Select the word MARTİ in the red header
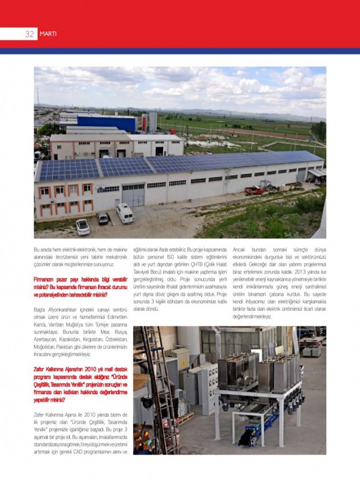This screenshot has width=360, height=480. pyautogui.click(x=48, y=34)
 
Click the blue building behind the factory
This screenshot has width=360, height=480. pyautogui.click(x=106, y=122)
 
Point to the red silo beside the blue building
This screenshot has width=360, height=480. pyautogui.click(x=145, y=122)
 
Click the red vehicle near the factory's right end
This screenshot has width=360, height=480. pyautogui.click(x=254, y=190)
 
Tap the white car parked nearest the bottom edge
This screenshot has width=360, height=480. pyautogui.click(x=82, y=226)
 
